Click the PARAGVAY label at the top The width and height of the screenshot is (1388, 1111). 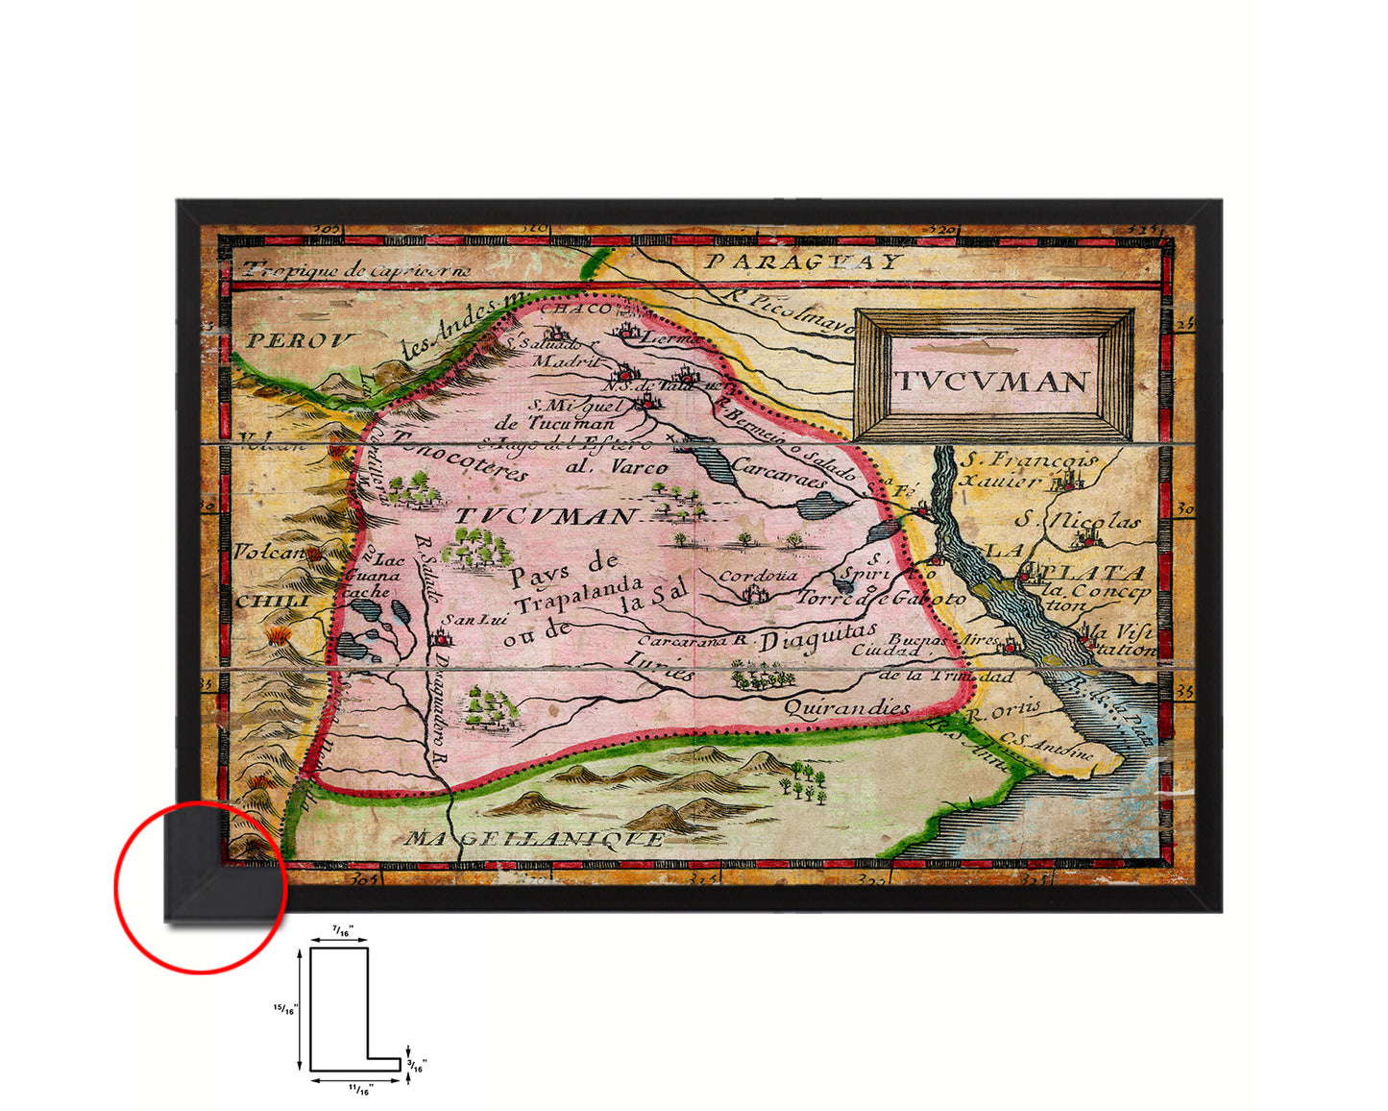(801, 261)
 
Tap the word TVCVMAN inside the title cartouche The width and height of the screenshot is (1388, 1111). (992, 381)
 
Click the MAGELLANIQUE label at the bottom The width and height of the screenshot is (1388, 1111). (534, 838)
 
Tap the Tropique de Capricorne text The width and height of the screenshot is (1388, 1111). (356, 269)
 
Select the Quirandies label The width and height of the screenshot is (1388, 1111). (846, 708)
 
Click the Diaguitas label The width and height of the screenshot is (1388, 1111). (818, 637)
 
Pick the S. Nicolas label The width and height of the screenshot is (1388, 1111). (1078, 520)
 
